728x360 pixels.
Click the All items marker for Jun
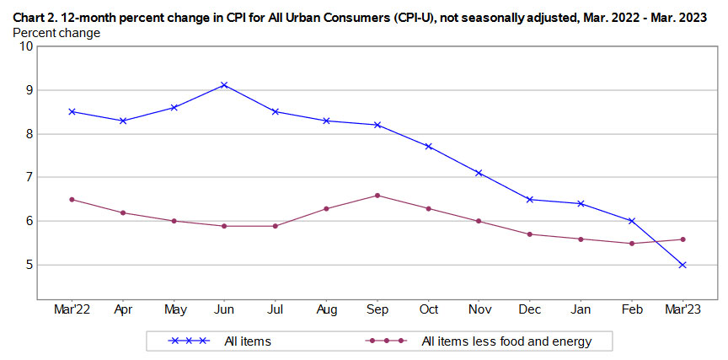224,85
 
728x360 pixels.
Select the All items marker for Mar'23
682,265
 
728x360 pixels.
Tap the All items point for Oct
428,147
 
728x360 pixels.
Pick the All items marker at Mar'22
72,111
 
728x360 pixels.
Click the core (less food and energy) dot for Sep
377,196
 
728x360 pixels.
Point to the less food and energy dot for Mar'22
72,200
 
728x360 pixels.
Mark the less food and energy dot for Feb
632,244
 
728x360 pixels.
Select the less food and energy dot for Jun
224,226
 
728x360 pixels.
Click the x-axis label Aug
326,309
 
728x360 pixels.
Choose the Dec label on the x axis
530,309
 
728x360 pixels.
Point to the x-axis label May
174,309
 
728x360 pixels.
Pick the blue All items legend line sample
190,341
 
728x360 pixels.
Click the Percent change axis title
56,33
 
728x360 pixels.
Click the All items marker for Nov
479,173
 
